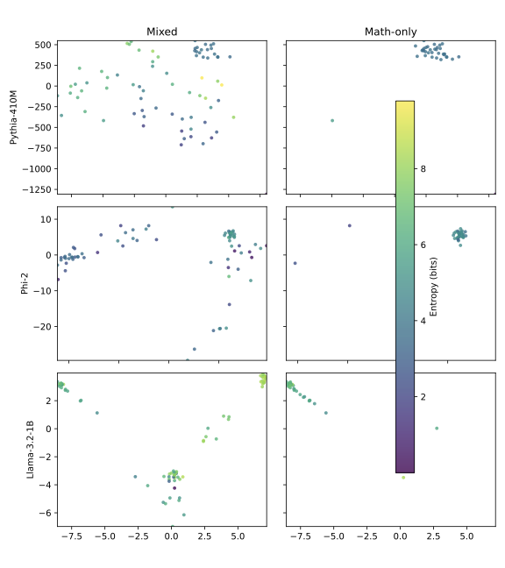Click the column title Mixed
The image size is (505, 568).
161,32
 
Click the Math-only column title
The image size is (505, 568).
390,32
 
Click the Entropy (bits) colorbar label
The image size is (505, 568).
434,286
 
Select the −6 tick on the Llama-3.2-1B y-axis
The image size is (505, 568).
46,513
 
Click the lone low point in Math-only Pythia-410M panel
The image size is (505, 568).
332,120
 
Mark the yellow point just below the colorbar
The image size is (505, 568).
403,477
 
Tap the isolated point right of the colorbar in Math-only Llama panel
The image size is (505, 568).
437,429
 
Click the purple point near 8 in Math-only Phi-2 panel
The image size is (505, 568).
349,225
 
